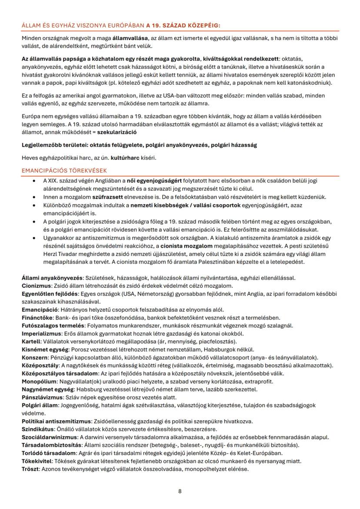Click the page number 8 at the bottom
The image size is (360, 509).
pos(180,491)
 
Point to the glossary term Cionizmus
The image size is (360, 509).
pos(36,286)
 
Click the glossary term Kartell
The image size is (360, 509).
pos(31,341)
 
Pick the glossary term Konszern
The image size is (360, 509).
pos(34,357)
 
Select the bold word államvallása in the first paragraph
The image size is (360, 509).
pos(130,38)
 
